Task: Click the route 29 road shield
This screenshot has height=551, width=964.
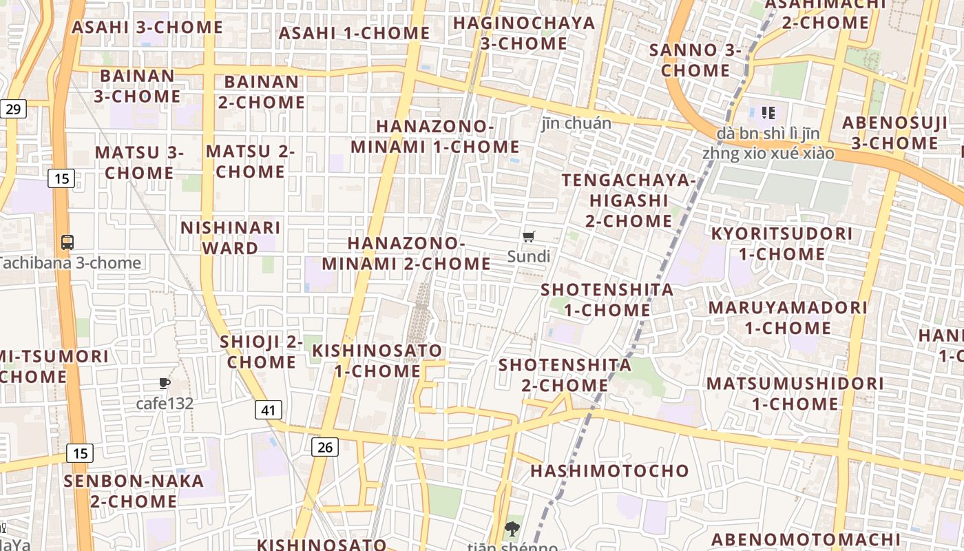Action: (x=14, y=108)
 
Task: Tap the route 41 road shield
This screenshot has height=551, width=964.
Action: (x=269, y=410)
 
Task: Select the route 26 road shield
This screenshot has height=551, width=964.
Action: (x=325, y=447)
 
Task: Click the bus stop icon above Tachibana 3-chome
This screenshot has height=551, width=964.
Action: (x=67, y=242)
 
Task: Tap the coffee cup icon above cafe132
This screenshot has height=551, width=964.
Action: (x=164, y=384)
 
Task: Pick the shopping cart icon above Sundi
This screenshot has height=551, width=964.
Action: (x=528, y=237)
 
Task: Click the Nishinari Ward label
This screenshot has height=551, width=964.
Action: (x=230, y=237)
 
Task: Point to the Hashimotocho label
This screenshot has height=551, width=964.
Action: (x=609, y=471)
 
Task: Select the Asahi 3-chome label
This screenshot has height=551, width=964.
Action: (x=147, y=28)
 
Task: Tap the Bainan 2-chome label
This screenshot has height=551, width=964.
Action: (x=262, y=92)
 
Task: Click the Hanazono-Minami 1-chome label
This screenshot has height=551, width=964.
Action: (x=435, y=136)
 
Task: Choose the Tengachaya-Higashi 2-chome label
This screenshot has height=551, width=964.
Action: (x=629, y=200)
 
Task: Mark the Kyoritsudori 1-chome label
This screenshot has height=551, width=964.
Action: (x=782, y=244)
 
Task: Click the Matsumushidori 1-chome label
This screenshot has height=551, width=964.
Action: (x=795, y=393)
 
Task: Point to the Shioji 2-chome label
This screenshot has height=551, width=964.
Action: (x=262, y=352)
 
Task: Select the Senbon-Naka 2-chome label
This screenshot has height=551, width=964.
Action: (x=134, y=490)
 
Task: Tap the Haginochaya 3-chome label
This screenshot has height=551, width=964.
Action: (x=524, y=33)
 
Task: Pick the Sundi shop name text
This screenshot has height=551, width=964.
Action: (x=529, y=257)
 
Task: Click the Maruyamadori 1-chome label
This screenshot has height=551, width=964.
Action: (x=788, y=318)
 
